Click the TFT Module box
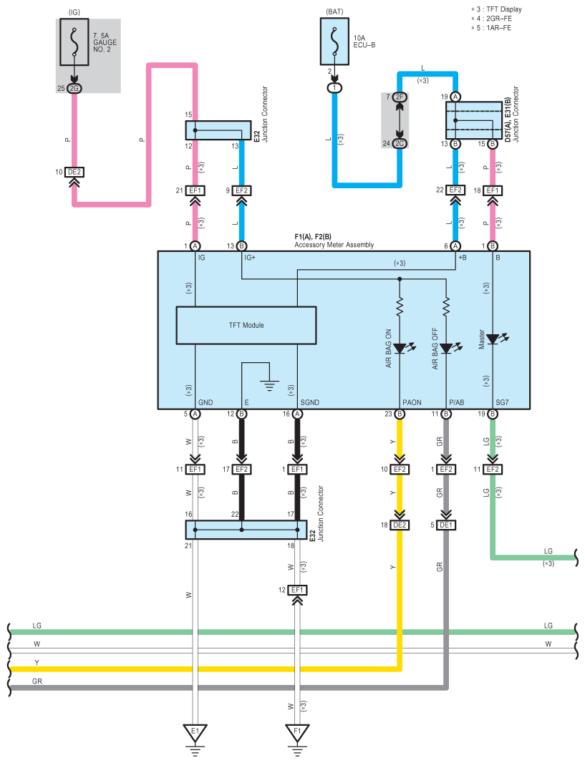point(246,325)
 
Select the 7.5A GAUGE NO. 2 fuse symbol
point(74,42)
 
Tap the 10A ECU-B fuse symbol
point(334,42)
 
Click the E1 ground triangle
point(195,732)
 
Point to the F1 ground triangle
point(297,732)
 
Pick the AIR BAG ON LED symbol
point(403,348)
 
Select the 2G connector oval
point(74,88)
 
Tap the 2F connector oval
point(400,97)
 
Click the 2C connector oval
point(400,144)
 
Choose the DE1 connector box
point(446,525)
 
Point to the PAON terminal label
point(412,402)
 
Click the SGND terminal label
point(310,402)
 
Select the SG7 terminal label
point(502,402)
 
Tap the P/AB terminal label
point(457,402)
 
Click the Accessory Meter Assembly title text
point(334,245)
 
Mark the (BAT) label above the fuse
point(334,11)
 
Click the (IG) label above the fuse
point(74,12)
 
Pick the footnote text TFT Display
point(504,9)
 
